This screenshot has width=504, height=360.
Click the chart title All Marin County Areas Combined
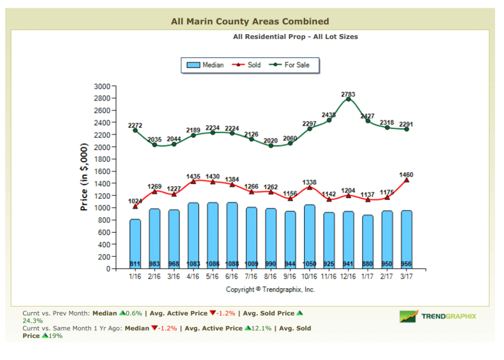(x=250, y=22)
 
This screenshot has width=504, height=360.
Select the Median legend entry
(x=206, y=65)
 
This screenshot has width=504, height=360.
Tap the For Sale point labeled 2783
(x=348, y=99)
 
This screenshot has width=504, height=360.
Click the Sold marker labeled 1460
(x=406, y=180)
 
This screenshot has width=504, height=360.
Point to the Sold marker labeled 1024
(x=135, y=206)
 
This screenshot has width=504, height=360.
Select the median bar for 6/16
(x=232, y=235)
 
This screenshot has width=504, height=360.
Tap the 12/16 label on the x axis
(x=348, y=276)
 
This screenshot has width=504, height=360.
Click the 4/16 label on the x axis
(x=193, y=276)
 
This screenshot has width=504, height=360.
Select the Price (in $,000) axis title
(x=84, y=177)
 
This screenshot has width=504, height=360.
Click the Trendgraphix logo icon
(x=409, y=316)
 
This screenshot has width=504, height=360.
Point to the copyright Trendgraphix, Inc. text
(x=270, y=290)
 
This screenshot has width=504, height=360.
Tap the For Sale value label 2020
(x=271, y=140)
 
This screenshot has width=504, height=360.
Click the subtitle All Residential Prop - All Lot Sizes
(x=296, y=37)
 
